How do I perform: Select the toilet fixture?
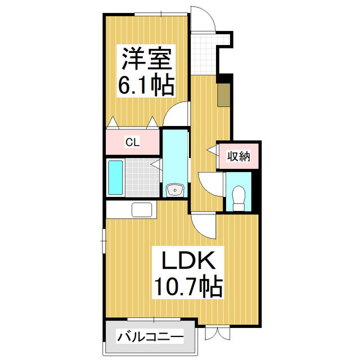pos(238,198)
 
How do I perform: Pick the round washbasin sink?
pos(175,190)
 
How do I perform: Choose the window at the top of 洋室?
pos(159,13)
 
